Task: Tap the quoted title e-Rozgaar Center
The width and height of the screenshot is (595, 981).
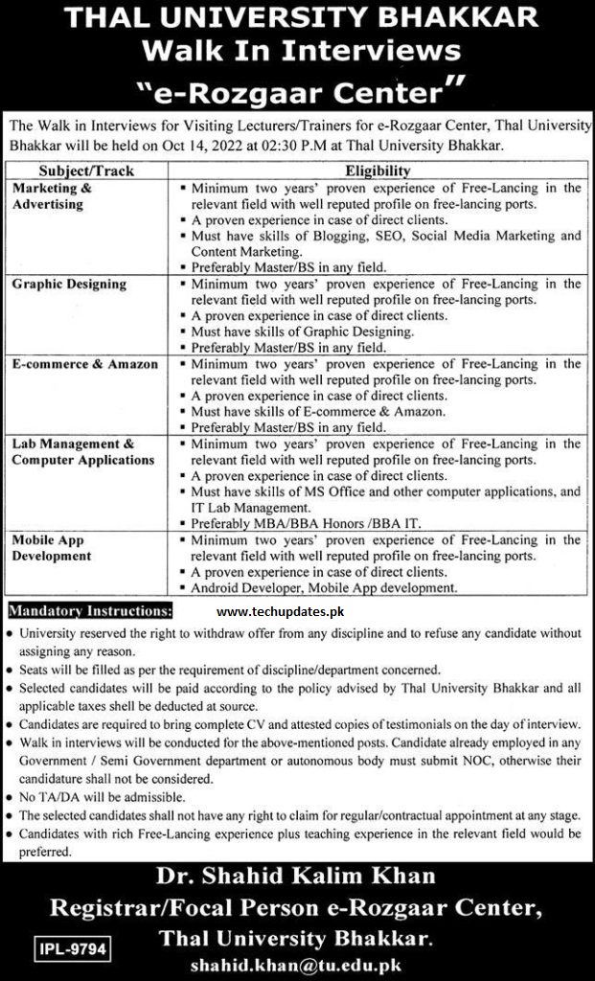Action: pyautogui.click(x=297, y=90)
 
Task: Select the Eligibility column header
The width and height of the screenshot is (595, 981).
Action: pyautogui.click(x=380, y=171)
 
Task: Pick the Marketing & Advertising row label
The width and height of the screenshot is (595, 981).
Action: pyautogui.click(x=53, y=196)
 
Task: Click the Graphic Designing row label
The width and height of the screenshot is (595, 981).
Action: pyautogui.click(x=69, y=285)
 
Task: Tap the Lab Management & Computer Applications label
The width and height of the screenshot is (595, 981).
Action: pyautogui.click(x=82, y=452)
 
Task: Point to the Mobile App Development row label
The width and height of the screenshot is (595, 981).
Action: pyautogui.click(x=52, y=548)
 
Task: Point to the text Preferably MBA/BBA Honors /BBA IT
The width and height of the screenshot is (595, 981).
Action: pyautogui.click(x=309, y=523)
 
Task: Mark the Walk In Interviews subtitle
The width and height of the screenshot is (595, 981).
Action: pyautogui.click(x=297, y=52)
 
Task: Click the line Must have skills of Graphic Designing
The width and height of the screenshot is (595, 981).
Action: pyautogui.click(x=303, y=331)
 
